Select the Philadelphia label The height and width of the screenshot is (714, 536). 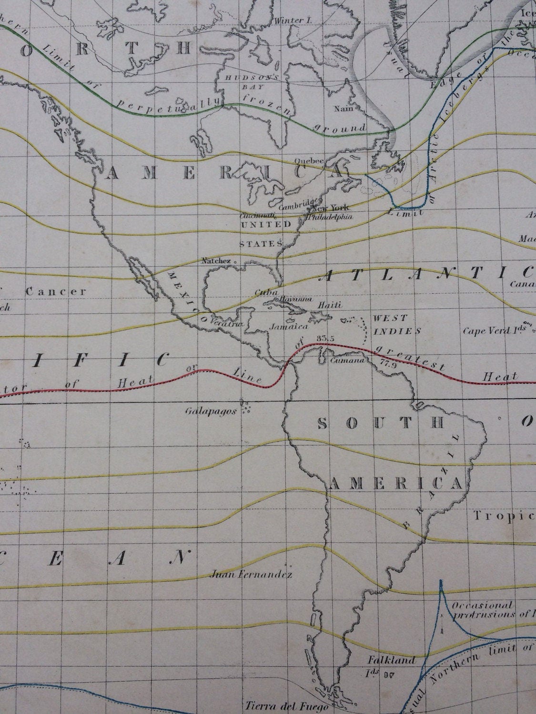(x=331, y=217)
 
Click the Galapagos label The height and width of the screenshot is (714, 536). (x=211, y=412)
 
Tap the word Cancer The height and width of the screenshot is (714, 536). (x=56, y=292)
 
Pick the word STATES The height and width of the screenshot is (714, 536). (x=254, y=244)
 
